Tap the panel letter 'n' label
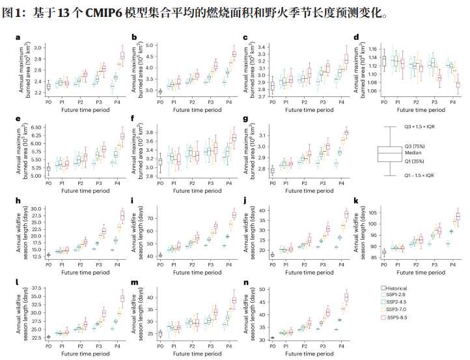point(243,283)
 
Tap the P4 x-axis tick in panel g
point(340,183)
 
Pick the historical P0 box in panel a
point(48,86)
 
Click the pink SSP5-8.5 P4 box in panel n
point(346,298)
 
